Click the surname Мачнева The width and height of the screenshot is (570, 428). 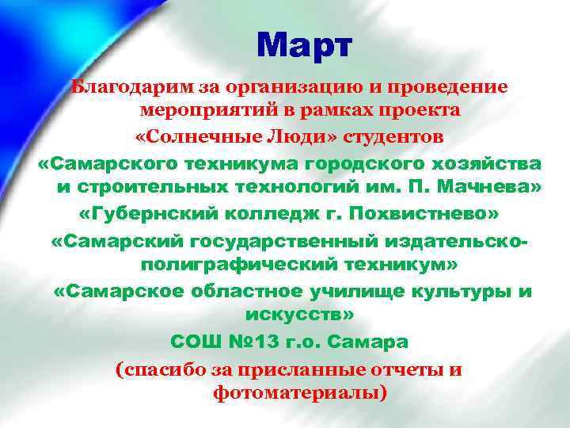[x=492, y=189]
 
